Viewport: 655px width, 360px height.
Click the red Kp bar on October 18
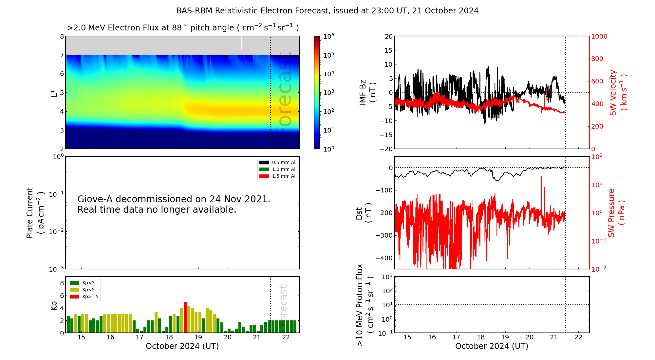tap(185, 317)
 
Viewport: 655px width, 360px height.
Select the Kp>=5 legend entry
tap(84, 297)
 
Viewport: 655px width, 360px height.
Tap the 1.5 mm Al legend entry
tap(277, 176)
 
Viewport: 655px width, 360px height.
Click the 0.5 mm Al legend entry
tap(277, 162)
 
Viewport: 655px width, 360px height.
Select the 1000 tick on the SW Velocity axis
tap(599, 36)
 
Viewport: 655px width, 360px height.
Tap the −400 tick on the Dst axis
tap(384, 258)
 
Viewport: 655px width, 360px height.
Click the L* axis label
tap(54, 93)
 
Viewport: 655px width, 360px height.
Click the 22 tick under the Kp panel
tap(286, 337)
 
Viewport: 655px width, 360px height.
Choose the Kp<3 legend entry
tap(84, 283)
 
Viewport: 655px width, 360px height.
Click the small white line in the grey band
tap(242, 43)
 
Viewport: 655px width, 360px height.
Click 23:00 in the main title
tap(381, 11)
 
